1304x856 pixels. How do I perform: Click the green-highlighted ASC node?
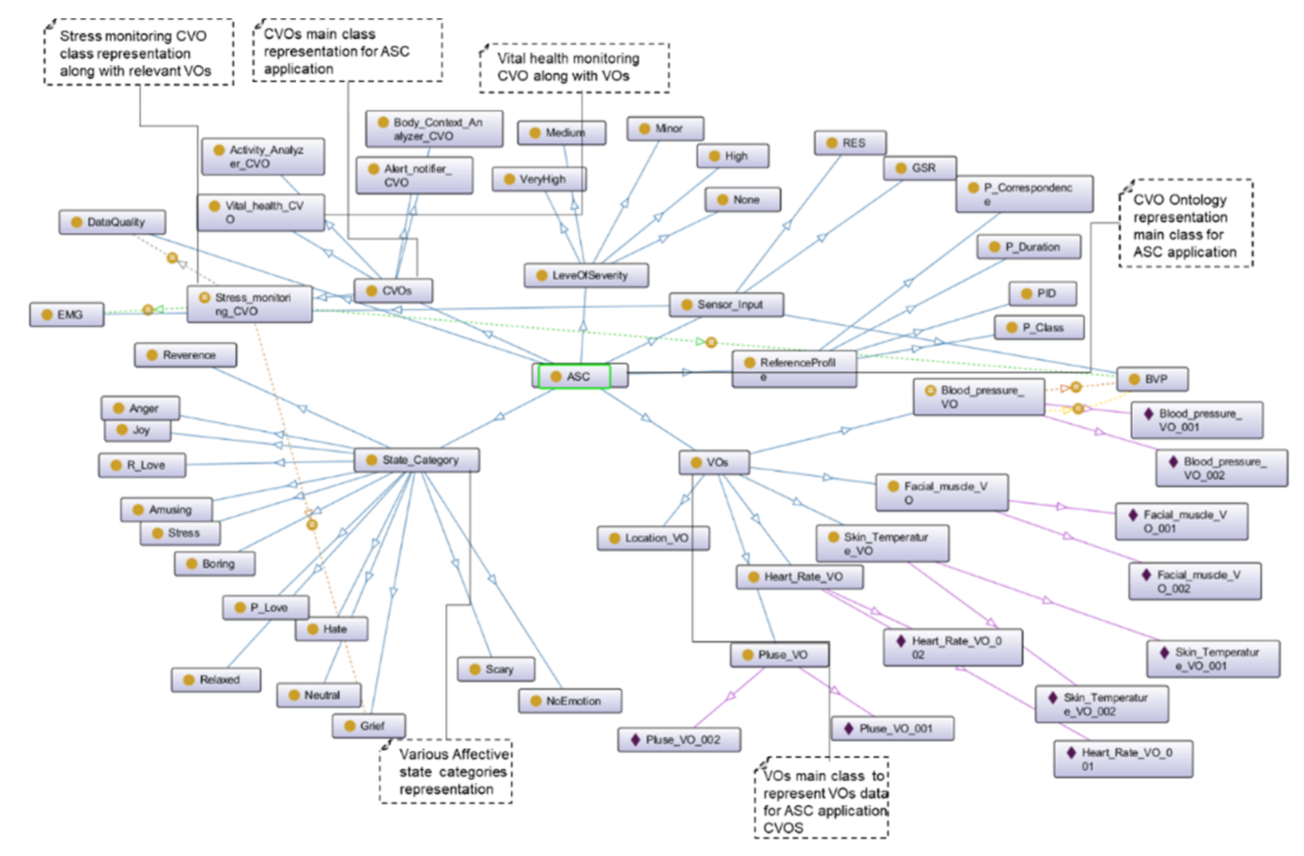[x=574, y=376]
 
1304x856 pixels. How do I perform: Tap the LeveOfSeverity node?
[x=586, y=275]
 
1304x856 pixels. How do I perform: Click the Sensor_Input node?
[x=726, y=305]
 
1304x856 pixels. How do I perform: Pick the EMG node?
[x=66, y=315]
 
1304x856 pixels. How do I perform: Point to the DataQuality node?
[x=112, y=222]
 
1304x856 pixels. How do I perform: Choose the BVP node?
[x=1152, y=379]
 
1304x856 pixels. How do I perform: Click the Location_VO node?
[x=653, y=538]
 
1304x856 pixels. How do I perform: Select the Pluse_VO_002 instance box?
[x=679, y=740]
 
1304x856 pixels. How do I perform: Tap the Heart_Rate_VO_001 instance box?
[x=1123, y=759]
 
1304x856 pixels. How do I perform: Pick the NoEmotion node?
[x=570, y=701]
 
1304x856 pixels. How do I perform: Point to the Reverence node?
[x=185, y=355]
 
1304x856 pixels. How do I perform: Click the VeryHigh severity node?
[x=539, y=179]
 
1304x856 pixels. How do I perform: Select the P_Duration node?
[x=1028, y=247]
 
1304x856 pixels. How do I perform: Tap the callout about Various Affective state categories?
[x=446, y=771]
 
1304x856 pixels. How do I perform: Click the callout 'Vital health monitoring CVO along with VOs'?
[x=574, y=67]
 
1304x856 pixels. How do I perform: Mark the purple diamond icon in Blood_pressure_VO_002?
[x=1173, y=461]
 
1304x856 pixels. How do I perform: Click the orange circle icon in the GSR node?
[x=901, y=168]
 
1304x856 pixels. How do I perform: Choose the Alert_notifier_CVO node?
[x=414, y=175]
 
